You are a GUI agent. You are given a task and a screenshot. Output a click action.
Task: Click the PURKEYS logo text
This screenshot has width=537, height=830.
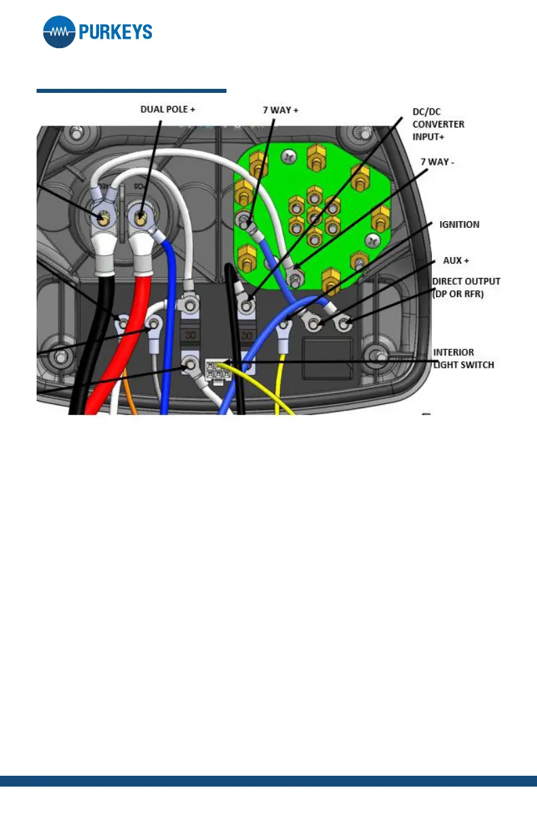coord(115,33)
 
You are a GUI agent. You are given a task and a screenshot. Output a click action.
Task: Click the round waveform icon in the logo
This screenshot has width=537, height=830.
coord(59,32)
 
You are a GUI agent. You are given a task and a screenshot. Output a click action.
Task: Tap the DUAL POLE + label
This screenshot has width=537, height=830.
coord(167,108)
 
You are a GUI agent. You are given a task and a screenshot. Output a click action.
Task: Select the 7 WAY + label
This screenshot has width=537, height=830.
coord(281,108)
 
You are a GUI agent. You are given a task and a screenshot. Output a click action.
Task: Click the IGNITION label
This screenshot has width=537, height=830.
coord(459,224)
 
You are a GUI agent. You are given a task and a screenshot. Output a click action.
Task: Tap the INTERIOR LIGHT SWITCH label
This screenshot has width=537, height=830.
coord(464,359)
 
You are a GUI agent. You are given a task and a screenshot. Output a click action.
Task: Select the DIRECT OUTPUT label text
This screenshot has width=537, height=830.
coord(466,281)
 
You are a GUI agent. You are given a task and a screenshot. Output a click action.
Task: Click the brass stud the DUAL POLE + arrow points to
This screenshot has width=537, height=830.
coord(140,218)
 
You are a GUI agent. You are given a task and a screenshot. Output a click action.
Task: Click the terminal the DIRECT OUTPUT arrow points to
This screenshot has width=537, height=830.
coord(344,325)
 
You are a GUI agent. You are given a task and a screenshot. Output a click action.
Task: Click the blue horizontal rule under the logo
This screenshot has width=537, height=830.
coord(131,90)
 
